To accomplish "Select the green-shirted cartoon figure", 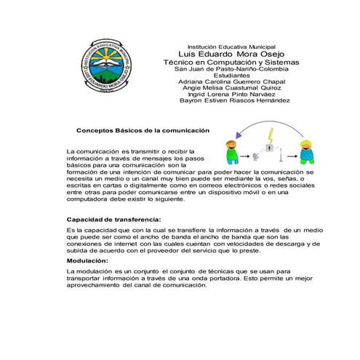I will click(x=233, y=151).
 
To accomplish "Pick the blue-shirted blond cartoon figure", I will click(x=307, y=152).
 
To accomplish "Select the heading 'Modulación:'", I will click(x=87, y=260).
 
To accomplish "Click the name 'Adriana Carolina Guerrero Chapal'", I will click(x=225, y=81).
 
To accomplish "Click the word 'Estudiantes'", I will click(x=225, y=75).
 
